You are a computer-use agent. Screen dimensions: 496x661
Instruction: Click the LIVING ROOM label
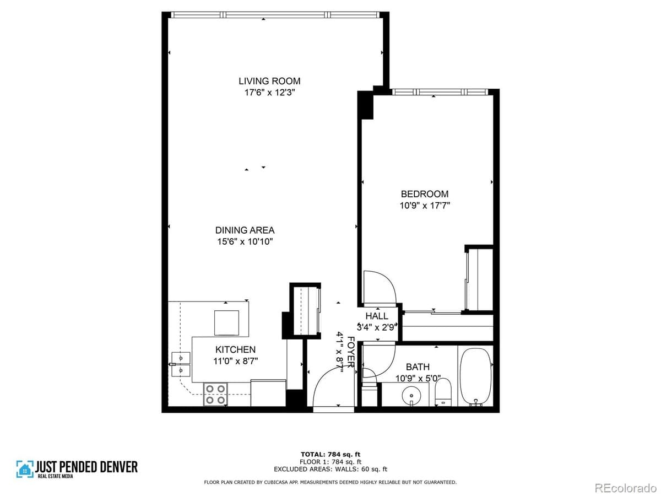click(269, 81)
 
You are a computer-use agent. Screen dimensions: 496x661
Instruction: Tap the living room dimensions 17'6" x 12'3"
click(269, 93)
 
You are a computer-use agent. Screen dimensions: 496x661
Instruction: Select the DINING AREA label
click(245, 230)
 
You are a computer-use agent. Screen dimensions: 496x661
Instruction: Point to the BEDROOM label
click(424, 194)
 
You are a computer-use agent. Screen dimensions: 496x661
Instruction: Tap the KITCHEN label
click(235, 349)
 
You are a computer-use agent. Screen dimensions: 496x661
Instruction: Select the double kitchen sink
click(180, 364)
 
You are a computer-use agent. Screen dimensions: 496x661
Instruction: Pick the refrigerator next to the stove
click(268, 392)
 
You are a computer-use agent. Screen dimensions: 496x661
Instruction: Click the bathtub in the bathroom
click(475, 377)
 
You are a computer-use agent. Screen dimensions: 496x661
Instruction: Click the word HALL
click(377, 316)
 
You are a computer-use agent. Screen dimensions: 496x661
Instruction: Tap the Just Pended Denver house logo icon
click(25, 468)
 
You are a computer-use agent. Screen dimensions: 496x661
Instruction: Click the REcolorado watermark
click(626, 487)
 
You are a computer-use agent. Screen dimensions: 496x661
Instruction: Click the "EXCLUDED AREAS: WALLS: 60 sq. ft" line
click(330, 469)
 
